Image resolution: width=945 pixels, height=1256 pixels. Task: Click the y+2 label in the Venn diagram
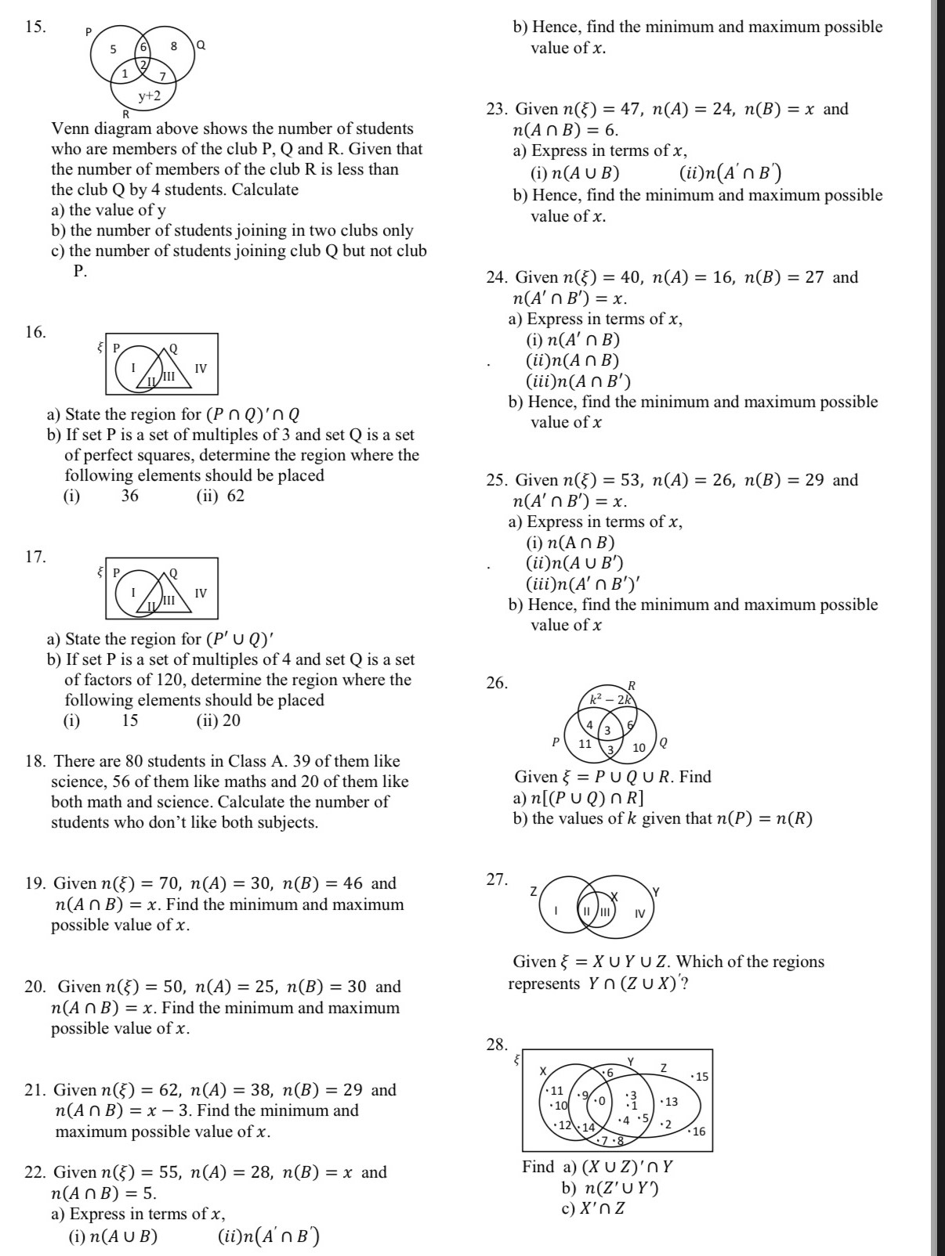tap(150, 96)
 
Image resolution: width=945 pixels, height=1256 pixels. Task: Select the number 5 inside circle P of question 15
tap(113, 49)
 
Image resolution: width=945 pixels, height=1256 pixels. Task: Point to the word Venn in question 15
tap(68, 129)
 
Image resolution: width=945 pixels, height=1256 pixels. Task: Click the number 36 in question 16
tap(130, 496)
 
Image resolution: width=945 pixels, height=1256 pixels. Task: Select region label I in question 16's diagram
tap(133, 366)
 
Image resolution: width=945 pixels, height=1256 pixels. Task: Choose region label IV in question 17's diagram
tap(201, 593)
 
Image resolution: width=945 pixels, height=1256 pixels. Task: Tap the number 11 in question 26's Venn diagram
tap(585, 744)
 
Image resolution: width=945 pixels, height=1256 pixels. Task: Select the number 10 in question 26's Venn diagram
tap(639, 748)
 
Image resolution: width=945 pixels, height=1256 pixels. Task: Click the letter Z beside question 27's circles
tap(534, 891)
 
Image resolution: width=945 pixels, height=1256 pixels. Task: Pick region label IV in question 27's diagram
tap(639, 913)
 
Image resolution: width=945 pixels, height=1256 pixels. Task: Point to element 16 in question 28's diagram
tap(698, 1131)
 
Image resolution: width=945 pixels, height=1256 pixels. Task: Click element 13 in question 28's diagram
tap(669, 1102)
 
